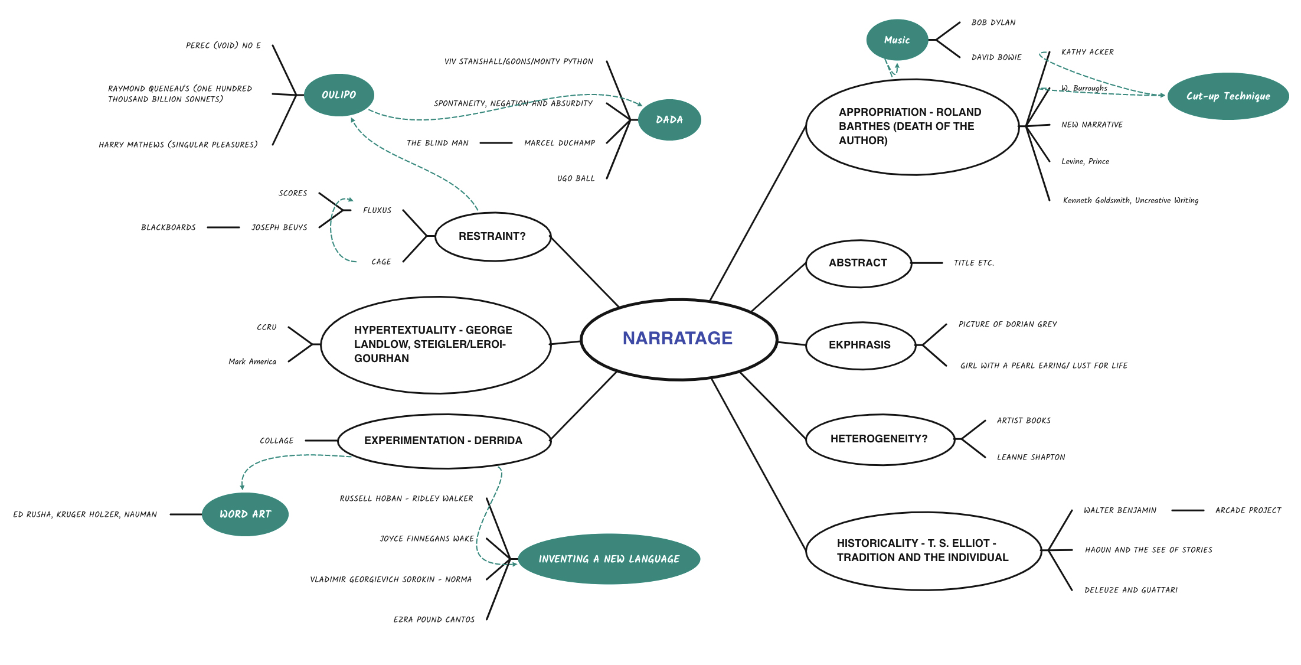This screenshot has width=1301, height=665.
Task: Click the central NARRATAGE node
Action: coord(679,339)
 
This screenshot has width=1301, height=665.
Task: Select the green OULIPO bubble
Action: coord(339,94)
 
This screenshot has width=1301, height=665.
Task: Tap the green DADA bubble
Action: coord(669,119)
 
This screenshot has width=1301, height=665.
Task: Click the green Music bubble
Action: coord(897,40)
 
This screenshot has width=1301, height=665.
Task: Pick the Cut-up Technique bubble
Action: coord(1228,96)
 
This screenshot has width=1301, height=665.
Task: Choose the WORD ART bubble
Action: coord(245,514)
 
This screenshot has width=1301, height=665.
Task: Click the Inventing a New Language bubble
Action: coord(609,559)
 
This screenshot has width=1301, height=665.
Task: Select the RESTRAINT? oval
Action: coord(493,236)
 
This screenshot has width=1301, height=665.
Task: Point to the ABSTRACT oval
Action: coord(858,263)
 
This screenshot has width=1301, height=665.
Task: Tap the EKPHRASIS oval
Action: coord(860,345)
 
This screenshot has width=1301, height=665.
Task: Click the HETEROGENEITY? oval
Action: coord(880,439)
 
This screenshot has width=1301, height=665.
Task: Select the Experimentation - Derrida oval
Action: coord(444,441)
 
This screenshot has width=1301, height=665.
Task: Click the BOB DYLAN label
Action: coord(993,22)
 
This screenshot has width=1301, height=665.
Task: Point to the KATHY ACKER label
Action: coord(1087,52)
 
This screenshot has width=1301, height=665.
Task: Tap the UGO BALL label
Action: coord(576,178)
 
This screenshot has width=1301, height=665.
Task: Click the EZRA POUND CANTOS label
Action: coord(434,620)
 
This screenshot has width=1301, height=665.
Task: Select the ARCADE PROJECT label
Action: coord(1248,510)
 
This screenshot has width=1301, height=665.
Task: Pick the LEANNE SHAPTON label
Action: coord(1031,457)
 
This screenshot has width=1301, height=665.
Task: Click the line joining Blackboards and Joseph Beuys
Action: coord(224,227)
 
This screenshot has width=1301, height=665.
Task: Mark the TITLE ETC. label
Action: coord(974,263)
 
